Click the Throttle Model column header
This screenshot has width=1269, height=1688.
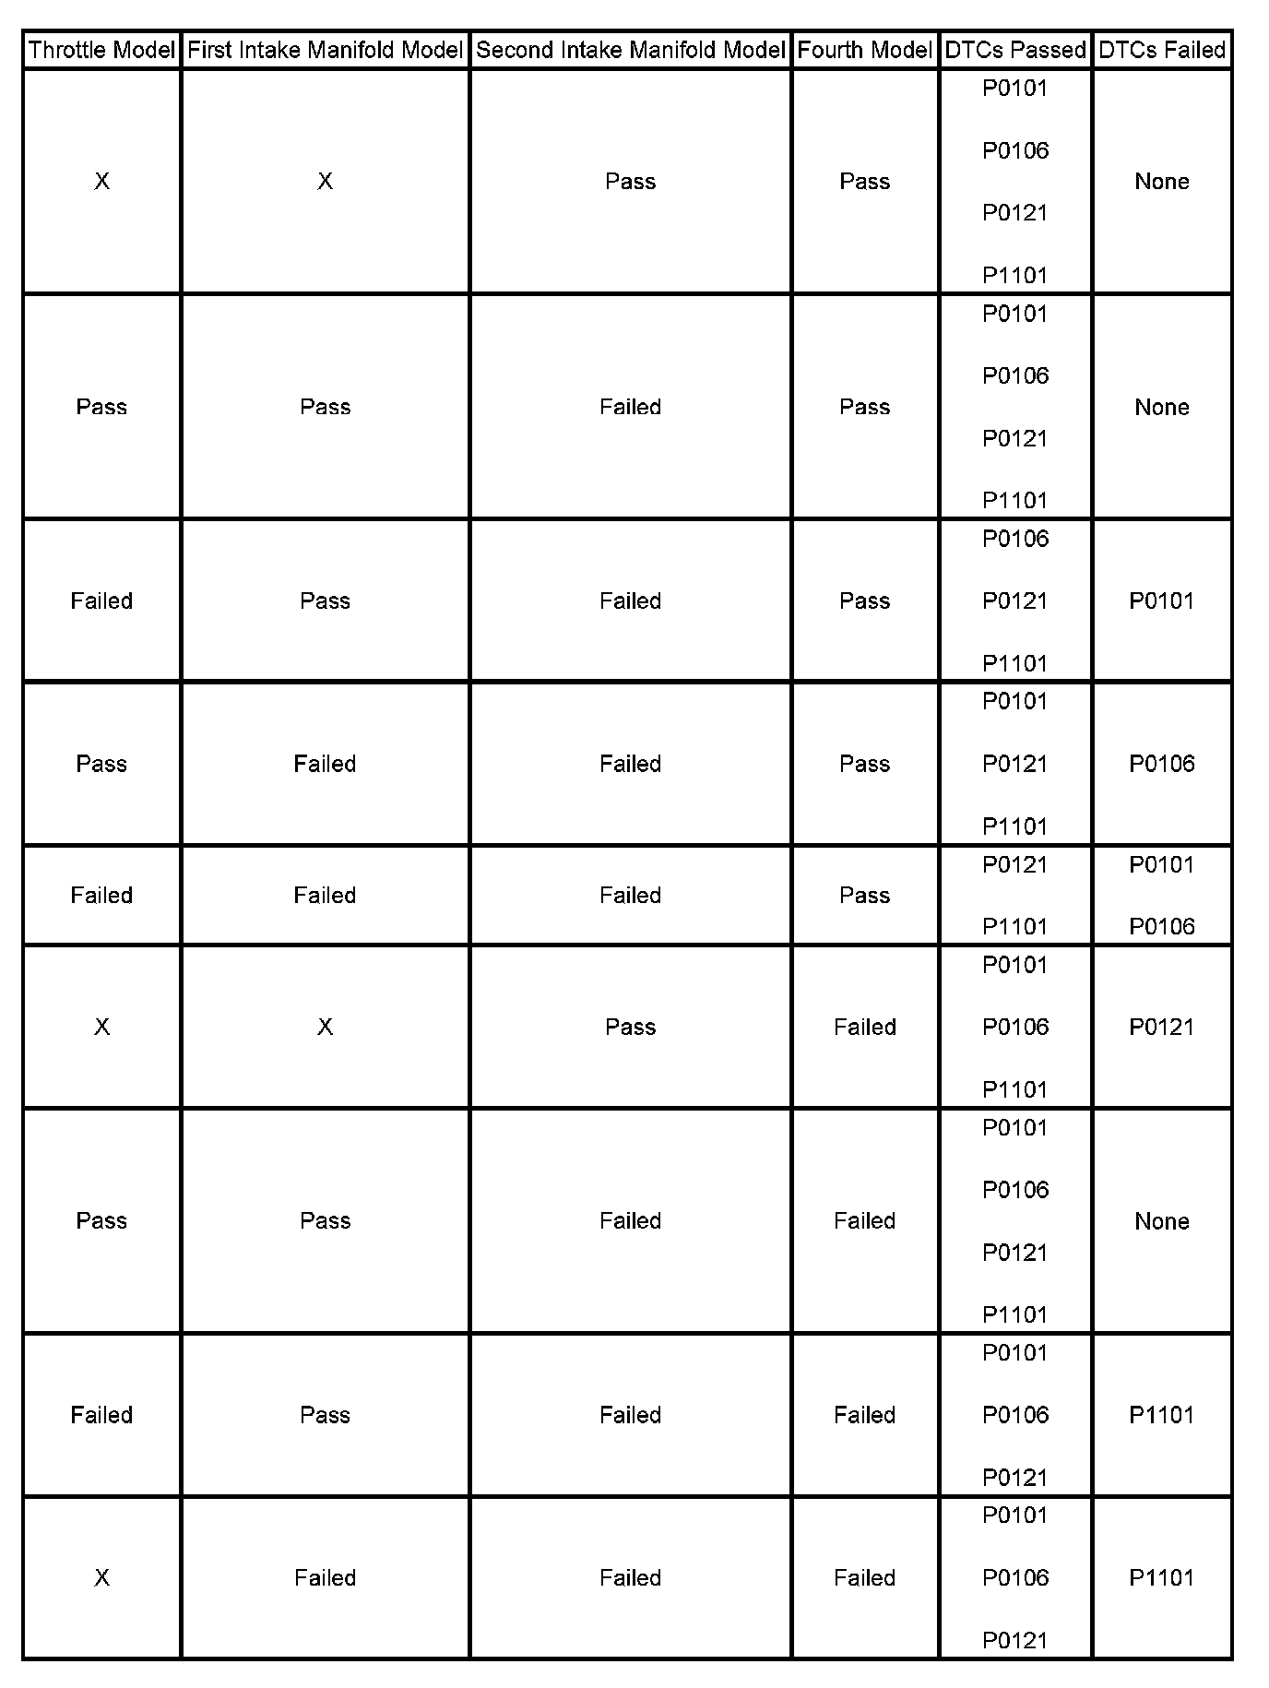coord(101,50)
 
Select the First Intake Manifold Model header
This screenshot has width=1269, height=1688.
coord(325,50)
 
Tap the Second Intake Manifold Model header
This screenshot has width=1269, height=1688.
coord(630,50)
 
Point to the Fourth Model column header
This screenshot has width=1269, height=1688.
coord(864,50)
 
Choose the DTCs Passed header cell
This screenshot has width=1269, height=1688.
coord(1015,50)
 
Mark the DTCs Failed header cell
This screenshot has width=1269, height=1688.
coord(1162,50)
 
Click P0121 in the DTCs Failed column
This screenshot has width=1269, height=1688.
coord(1162,1027)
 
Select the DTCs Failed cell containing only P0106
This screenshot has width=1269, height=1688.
coord(1162,764)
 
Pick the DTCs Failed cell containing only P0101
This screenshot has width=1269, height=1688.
coord(1162,601)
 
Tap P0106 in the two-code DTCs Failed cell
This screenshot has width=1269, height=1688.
coord(1162,926)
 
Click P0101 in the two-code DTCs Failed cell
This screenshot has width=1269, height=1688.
coord(1162,864)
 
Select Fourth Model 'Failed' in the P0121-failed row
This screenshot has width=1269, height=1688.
coord(864,1027)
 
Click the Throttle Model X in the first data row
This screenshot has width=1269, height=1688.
coord(101,182)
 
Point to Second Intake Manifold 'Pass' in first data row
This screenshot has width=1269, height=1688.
coord(630,182)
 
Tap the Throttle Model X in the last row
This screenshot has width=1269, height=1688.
coord(101,1578)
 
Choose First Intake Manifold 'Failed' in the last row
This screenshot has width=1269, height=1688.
coord(325,1578)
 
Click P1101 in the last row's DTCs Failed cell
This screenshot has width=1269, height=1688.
coord(1162,1578)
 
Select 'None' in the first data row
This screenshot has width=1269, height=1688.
coord(1162,182)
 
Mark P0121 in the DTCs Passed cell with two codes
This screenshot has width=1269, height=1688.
coord(1015,864)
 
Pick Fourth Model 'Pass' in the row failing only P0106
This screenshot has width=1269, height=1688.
coord(864,764)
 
